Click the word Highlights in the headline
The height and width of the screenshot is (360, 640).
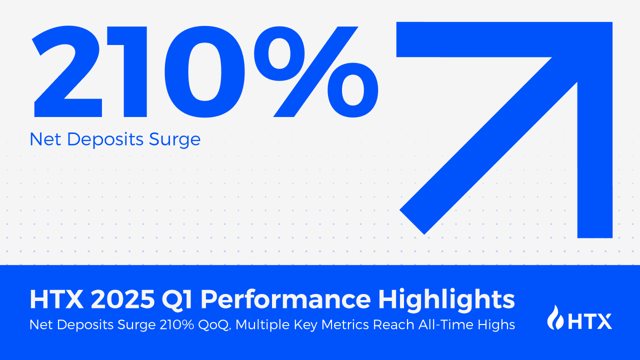[x=446, y=299]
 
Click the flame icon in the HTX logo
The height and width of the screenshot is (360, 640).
[x=555, y=317]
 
